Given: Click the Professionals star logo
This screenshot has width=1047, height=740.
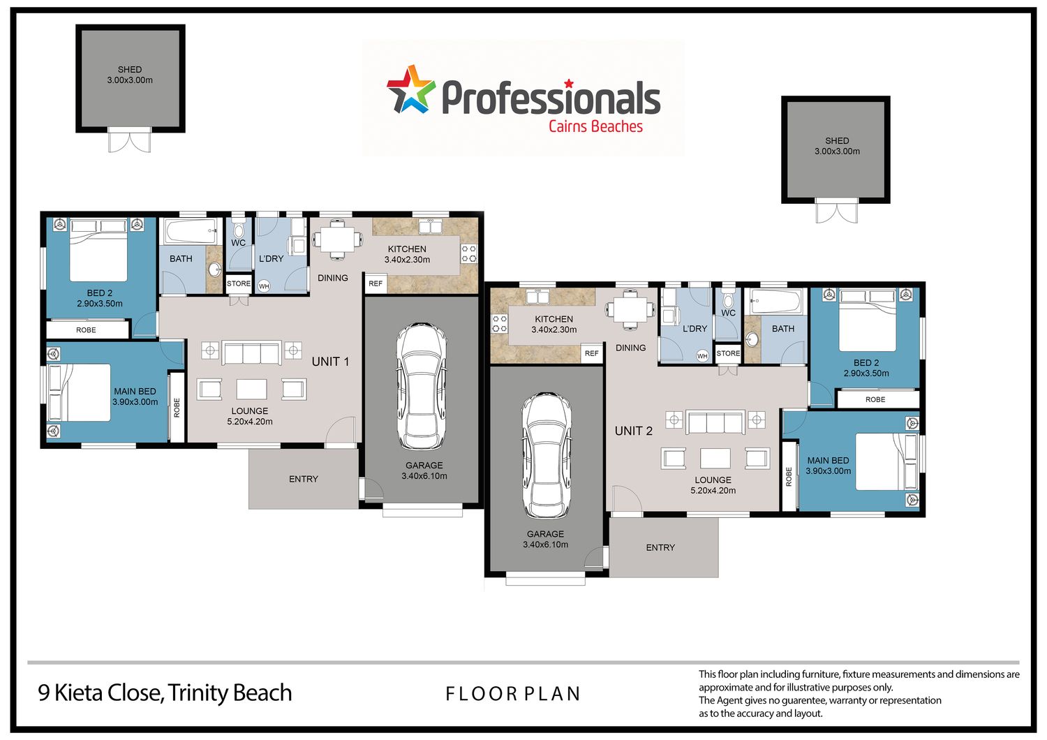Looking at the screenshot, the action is point(411,90).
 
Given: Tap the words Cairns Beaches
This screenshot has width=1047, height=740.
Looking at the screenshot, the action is point(595,126).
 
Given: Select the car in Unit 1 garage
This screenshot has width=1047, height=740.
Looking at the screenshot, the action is point(421,386).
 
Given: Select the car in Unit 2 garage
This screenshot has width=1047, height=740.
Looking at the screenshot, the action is point(546,455).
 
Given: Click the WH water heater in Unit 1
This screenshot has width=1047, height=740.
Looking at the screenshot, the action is point(264,286).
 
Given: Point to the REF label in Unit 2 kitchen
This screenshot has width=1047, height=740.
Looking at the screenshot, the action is point(591,353).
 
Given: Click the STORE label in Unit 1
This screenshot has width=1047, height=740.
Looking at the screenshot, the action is point(239,283).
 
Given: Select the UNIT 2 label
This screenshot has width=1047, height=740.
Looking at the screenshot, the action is point(633,431).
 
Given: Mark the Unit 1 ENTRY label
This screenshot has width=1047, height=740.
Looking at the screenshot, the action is point(304,479).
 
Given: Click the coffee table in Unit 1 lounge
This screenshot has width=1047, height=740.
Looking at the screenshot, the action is point(251,390).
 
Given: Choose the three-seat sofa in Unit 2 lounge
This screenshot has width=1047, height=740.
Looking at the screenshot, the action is point(715,422).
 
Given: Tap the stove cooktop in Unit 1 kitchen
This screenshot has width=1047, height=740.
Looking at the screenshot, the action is point(469,253).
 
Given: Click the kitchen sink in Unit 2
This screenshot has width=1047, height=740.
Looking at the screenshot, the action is point(537,297).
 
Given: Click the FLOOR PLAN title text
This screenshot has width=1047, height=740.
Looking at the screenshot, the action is point(513,694).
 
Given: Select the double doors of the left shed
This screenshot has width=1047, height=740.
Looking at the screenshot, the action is point(129,140).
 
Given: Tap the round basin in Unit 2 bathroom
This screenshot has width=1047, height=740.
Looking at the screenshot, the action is point(752,339).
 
